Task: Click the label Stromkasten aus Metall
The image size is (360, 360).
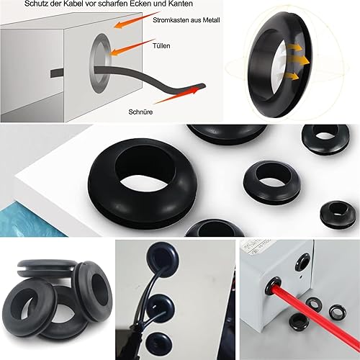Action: (x=186, y=20)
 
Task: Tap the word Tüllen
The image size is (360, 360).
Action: (x=161, y=45)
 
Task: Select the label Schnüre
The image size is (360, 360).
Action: (x=140, y=112)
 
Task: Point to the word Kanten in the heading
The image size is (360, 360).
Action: (x=182, y=4)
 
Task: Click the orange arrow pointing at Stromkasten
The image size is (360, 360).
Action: (x=136, y=19)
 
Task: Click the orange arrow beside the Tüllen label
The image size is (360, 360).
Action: (x=130, y=47)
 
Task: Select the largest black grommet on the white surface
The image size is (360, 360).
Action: (x=143, y=179)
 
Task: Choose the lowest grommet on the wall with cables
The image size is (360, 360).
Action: (x=158, y=343)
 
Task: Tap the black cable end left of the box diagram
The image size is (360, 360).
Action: (x=57, y=73)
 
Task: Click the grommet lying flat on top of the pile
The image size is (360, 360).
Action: (x=47, y=268)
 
